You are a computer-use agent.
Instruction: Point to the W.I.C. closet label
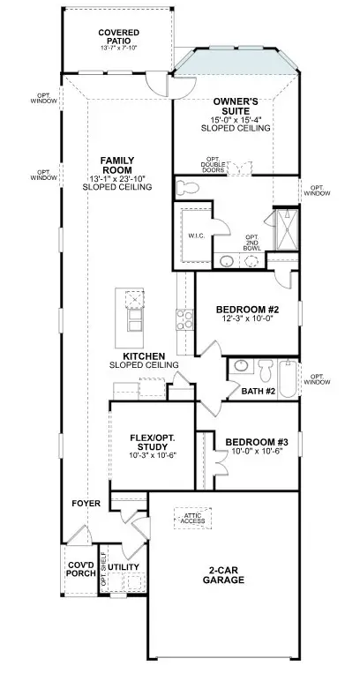[196, 236]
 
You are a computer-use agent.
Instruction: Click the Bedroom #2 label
[248, 310]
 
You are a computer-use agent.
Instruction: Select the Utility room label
[124, 566]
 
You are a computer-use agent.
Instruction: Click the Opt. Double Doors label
[213, 164]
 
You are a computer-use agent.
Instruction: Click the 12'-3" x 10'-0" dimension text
[248, 321]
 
